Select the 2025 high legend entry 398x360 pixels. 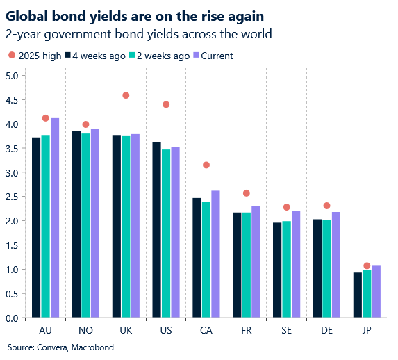coord(34,56)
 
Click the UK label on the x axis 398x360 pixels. coord(126,329)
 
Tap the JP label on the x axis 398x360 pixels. coord(367,329)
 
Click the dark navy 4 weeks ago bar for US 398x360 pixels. coord(157,230)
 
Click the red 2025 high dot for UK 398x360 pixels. coord(126,95)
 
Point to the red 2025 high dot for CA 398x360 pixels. coord(206,165)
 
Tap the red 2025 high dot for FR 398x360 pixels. coord(247,193)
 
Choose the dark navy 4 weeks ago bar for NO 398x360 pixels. coord(76,224)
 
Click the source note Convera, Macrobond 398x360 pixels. coord(60,347)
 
